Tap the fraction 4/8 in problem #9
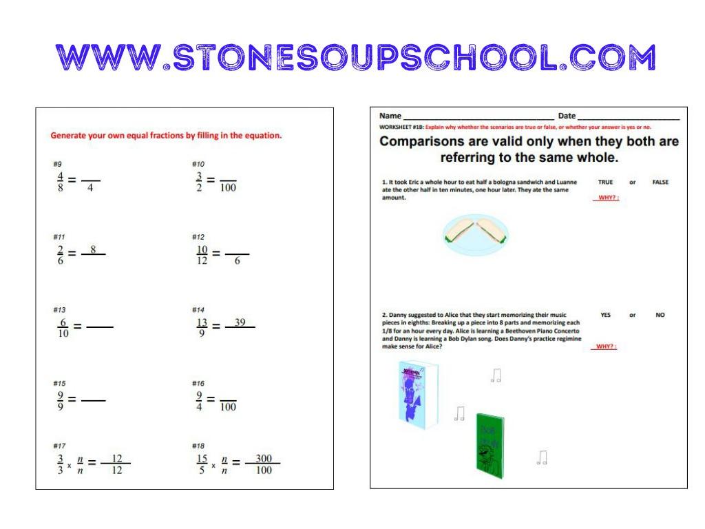(60, 181)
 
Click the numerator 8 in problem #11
(92, 249)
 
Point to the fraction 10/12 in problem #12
(202, 254)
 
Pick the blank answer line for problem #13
(100, 326)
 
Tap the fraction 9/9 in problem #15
(61, 400)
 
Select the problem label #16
(198, 383)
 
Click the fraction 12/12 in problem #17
(116, 464)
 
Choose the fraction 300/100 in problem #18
(263, 464)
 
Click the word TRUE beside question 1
(606, 183)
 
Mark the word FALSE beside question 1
(660, 183)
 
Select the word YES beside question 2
(605, 315)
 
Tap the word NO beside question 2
(660, 315)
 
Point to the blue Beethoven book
(417, 392)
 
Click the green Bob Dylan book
(490, 442)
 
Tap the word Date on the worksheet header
(567, 116)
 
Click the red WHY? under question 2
(605, 346)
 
